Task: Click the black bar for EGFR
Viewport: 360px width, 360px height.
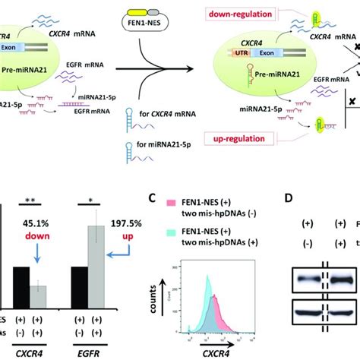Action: click(77, 287)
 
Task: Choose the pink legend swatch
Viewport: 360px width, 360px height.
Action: click(170, 203)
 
